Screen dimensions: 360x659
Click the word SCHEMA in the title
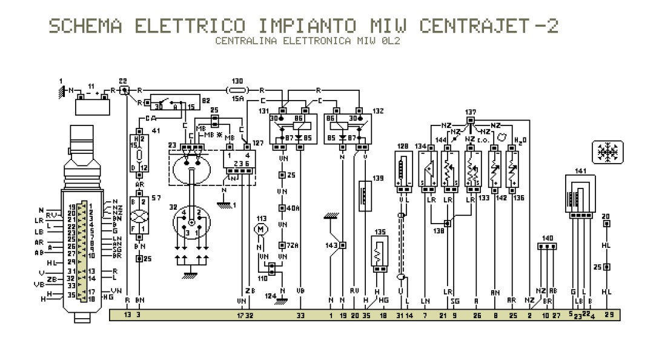pyautogui.click(x=85, y=26)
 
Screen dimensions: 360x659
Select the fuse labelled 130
pyautogui.click(x=237, y=90)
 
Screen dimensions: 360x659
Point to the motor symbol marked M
pyautogui.click(x=262, y=230)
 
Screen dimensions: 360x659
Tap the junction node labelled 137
pyautogui.click(x=471, y=119)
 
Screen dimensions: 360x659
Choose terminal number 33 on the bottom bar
pyautogui.click(x=301, y=315)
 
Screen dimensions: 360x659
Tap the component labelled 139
pyautogui.click(x=365, y=195)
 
